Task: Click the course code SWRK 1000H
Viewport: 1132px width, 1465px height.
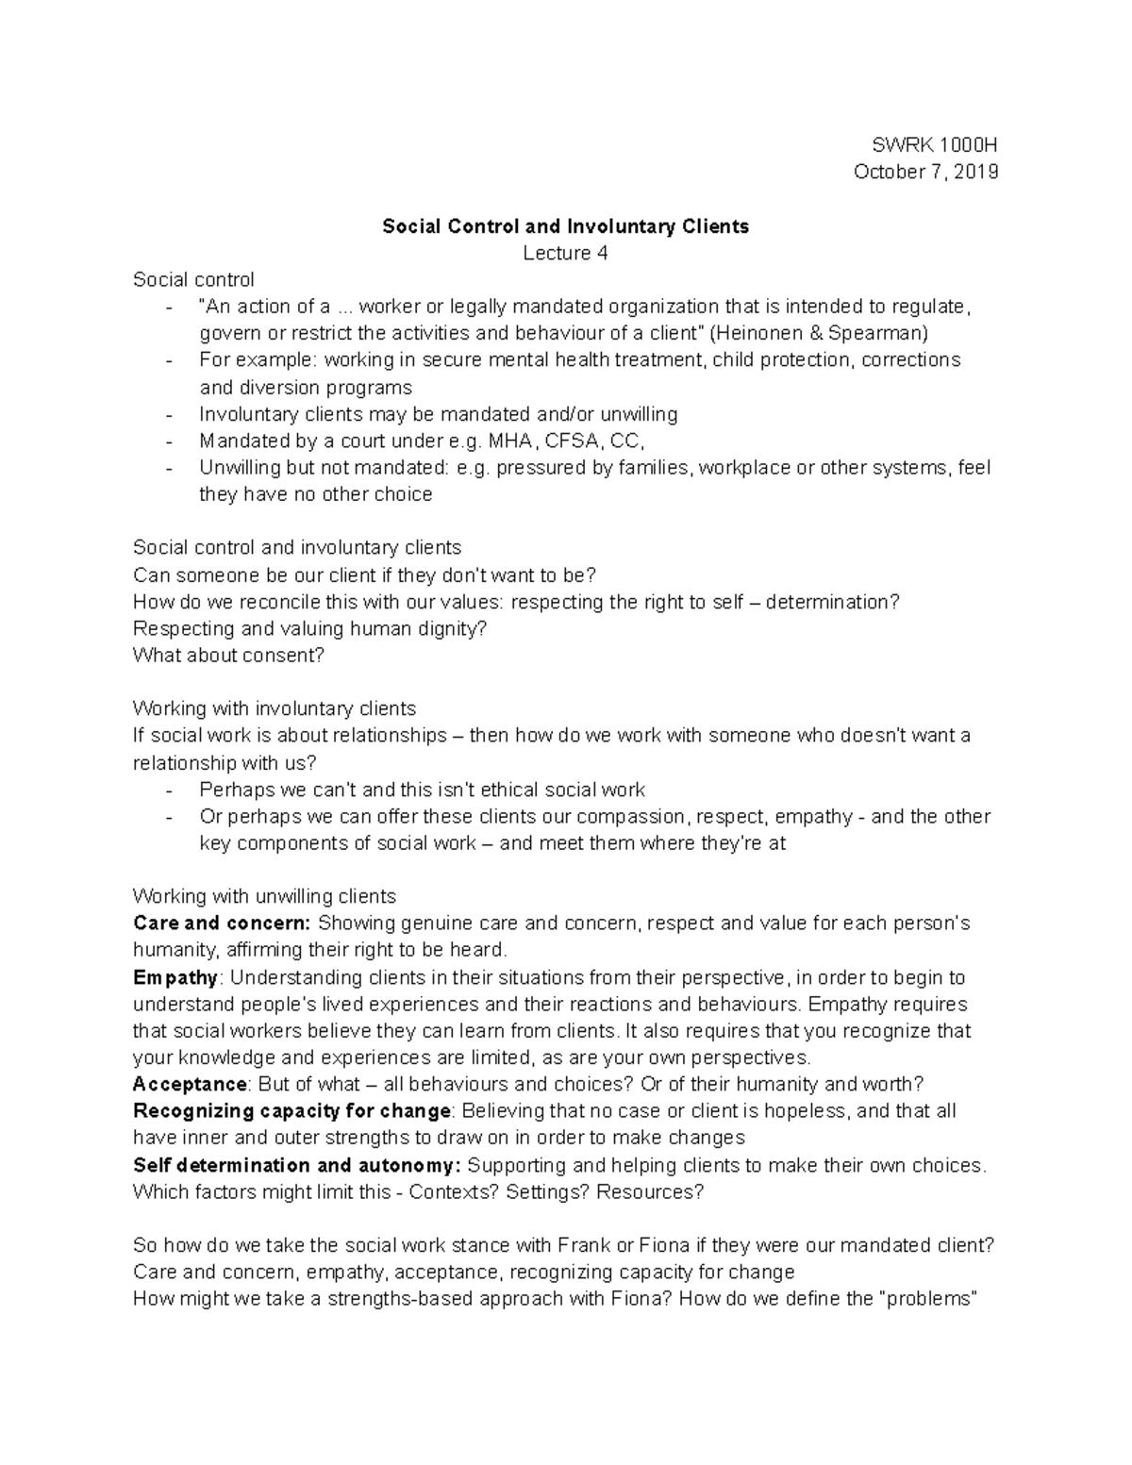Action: [934, 145]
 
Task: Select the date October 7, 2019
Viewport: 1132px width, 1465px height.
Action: [925, 172]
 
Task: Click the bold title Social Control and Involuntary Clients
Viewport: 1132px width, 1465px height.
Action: [565, 226]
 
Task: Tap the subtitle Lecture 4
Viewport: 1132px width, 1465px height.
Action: [565, 253]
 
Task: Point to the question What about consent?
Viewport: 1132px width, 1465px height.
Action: [228, 655]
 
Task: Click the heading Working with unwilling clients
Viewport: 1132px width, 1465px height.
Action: [264, 896]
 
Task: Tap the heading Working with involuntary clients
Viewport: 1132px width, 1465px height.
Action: [274, 708]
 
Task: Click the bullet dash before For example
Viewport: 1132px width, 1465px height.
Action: [169, 360]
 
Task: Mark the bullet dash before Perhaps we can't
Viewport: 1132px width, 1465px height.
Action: [169, 791]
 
